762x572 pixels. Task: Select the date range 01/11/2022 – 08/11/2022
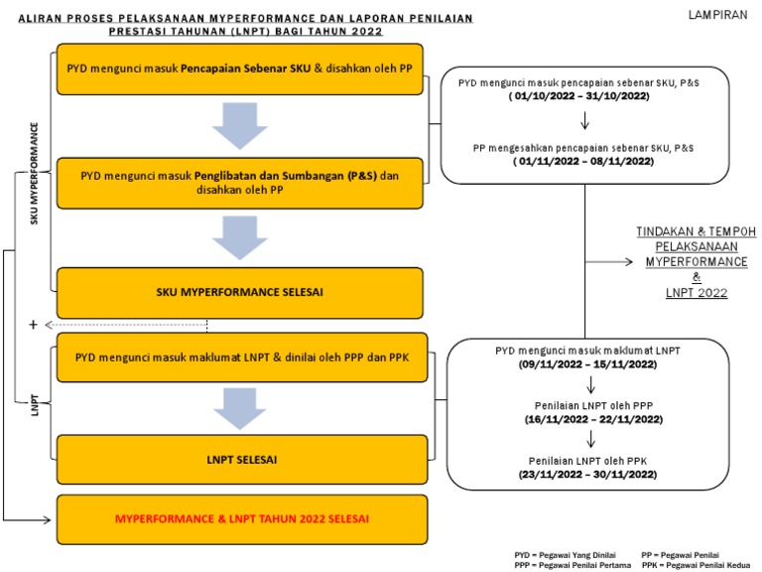coord(584,161)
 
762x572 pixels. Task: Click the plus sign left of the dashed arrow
coord(33,325)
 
